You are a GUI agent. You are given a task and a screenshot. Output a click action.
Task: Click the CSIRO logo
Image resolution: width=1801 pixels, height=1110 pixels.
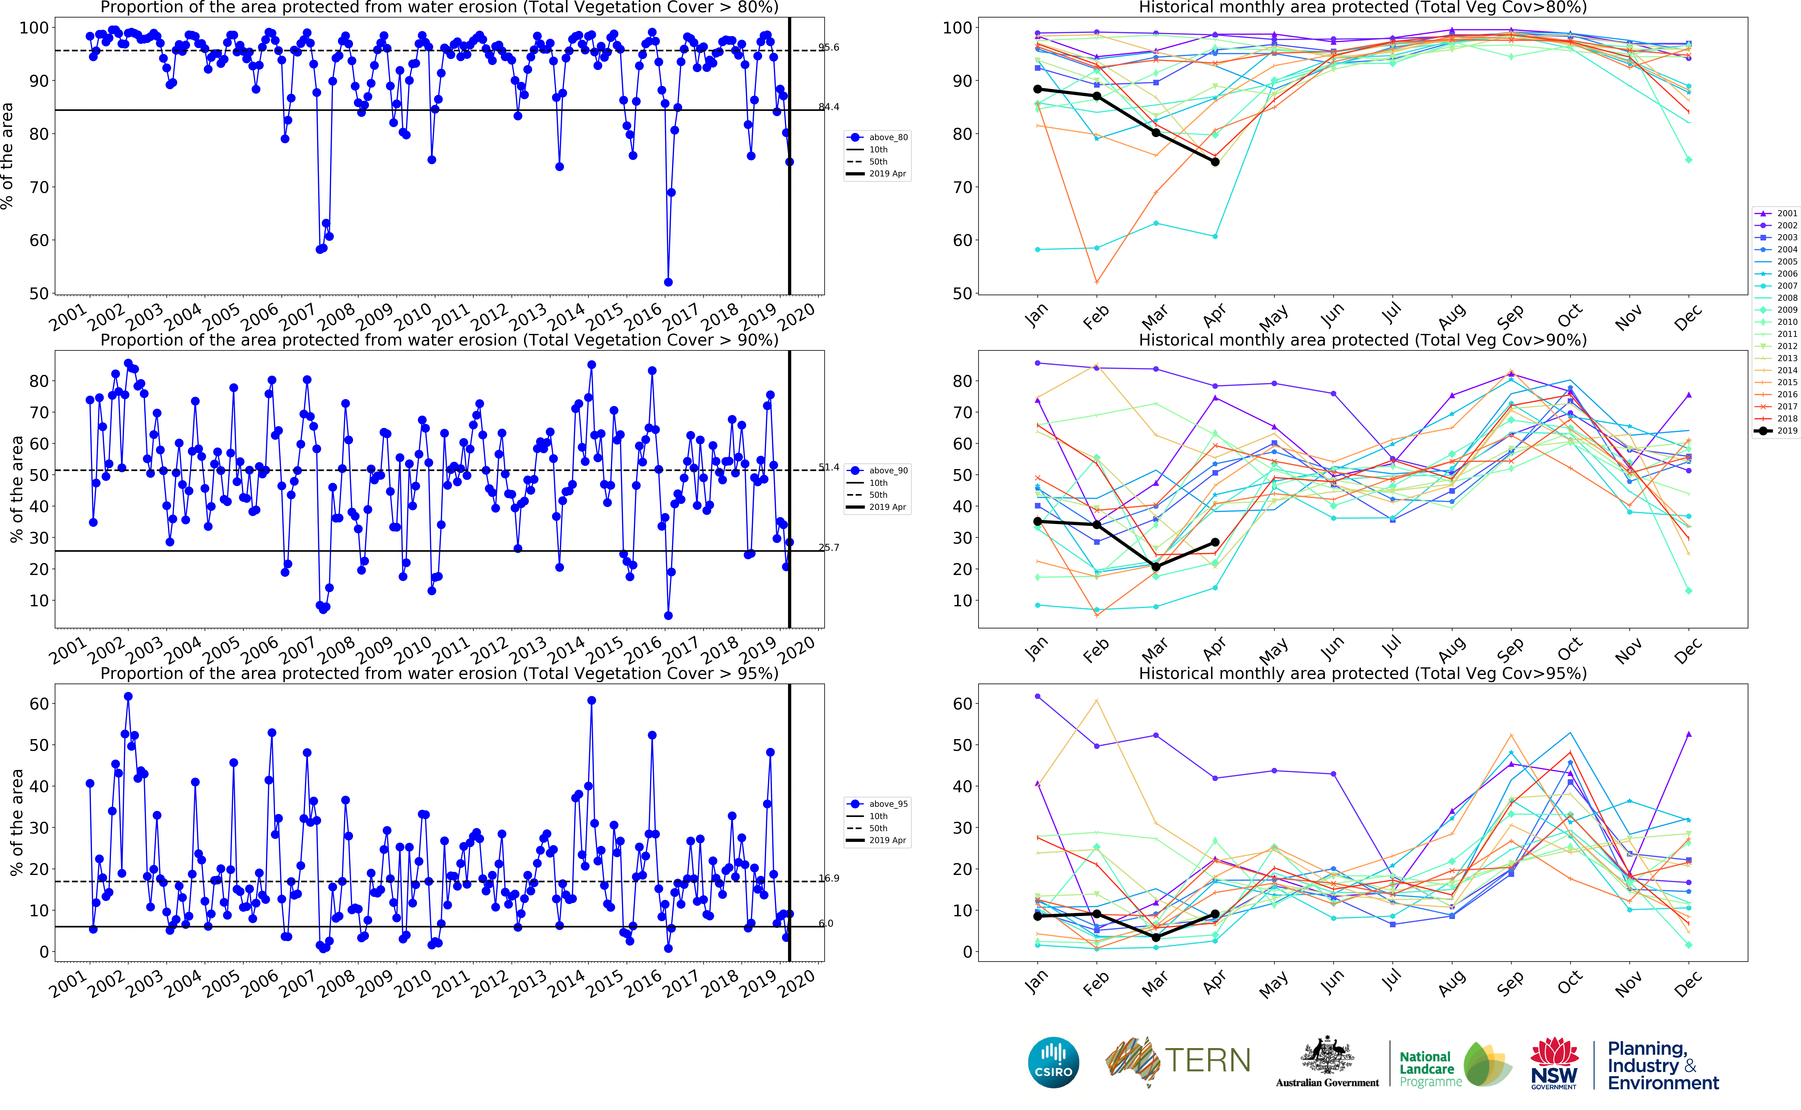(1053, 1062)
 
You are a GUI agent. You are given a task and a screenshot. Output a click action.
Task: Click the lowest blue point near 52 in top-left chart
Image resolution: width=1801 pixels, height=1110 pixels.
(668, 282)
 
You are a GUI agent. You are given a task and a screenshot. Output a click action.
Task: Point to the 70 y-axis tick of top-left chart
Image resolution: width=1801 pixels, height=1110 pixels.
(38, 187)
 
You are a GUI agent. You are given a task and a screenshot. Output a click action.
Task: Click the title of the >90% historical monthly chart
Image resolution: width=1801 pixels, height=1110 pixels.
(1362, 340)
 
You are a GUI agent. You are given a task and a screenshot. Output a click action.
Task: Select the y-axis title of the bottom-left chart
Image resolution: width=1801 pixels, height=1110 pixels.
(16, 822)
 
